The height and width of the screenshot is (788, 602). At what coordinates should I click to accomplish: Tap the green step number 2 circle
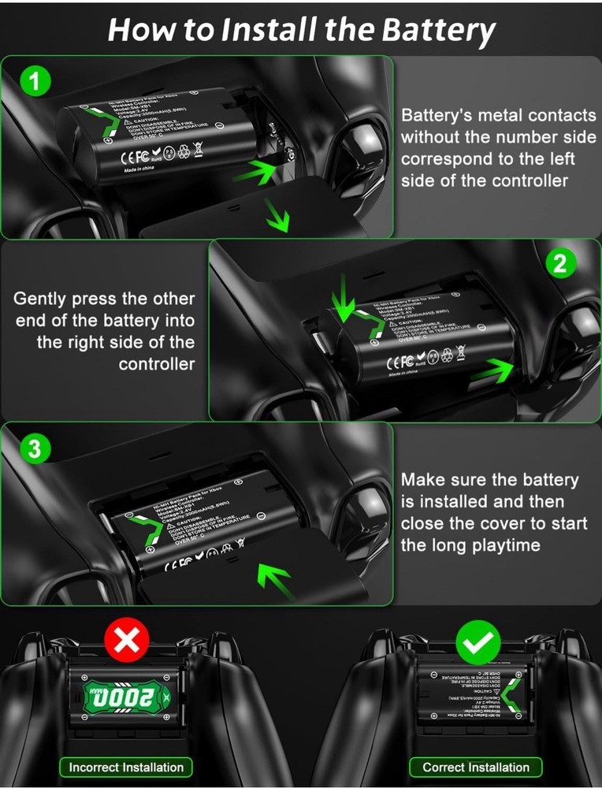[x=560, y=264]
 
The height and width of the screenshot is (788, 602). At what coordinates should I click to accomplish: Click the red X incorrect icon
[x=126, y=642]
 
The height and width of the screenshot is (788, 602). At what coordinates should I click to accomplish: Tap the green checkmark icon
[x=477, y=642]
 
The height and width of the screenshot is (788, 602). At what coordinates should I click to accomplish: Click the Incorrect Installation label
[x=126, y=767]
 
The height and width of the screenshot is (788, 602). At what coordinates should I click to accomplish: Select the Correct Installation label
[x=476, y=767]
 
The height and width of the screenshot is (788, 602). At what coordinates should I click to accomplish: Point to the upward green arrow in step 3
[x=276, y=582]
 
